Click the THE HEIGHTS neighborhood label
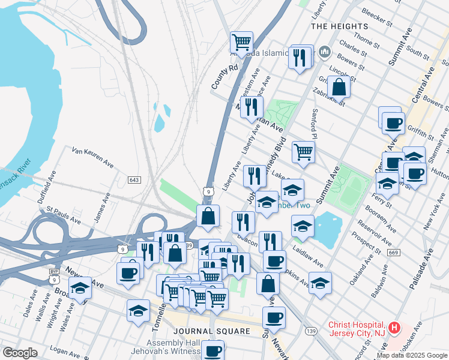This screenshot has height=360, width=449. pos(340,26)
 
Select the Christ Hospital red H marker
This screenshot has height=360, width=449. pos(394,328)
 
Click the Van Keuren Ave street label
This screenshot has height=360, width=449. pos(92,157)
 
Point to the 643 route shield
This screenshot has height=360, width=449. pos(133,179)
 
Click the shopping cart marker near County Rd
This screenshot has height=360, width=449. pos(241,43)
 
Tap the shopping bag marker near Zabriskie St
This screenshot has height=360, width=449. pos(339,87)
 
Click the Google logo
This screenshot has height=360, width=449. pos(19,353)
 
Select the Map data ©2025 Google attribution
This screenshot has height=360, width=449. pos(412,355)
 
